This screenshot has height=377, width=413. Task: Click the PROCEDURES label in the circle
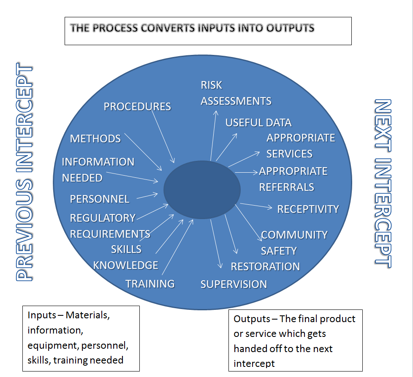137,107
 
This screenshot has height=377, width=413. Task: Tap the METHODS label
95,139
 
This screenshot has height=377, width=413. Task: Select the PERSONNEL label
100,199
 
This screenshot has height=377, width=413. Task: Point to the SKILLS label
126,249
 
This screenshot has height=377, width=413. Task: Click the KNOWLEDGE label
126,265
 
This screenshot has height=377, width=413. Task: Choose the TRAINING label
150,284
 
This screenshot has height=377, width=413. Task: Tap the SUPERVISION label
234,284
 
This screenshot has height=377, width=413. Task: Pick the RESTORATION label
265,266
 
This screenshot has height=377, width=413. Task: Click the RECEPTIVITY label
308,209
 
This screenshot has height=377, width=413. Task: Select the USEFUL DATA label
258,123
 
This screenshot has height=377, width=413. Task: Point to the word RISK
211,85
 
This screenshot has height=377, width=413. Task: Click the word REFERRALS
287,187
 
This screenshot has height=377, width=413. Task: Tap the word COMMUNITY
294,235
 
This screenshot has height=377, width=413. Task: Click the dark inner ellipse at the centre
202,190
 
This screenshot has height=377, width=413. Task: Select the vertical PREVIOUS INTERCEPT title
24,172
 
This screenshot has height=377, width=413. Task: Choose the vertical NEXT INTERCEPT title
383,184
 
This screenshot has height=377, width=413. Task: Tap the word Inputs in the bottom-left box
42,315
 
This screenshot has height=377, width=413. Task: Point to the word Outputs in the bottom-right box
252,319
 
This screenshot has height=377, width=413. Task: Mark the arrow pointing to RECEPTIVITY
256,206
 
